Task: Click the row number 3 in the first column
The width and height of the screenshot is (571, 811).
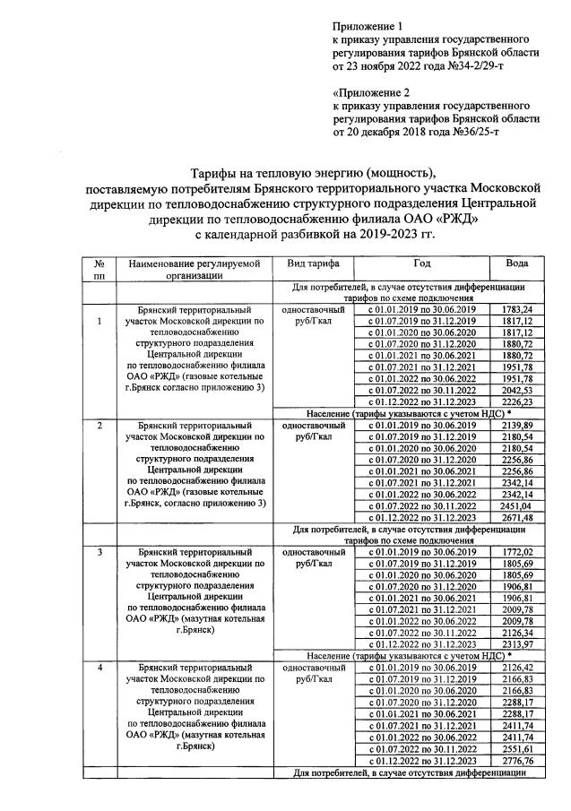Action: pyautogui.click(x=99, y=553)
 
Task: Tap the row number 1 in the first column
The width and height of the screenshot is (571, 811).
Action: pyautogui.click(x=99, y=321)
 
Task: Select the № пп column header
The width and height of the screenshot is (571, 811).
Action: pyautogui.click(x=99, y=270)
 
